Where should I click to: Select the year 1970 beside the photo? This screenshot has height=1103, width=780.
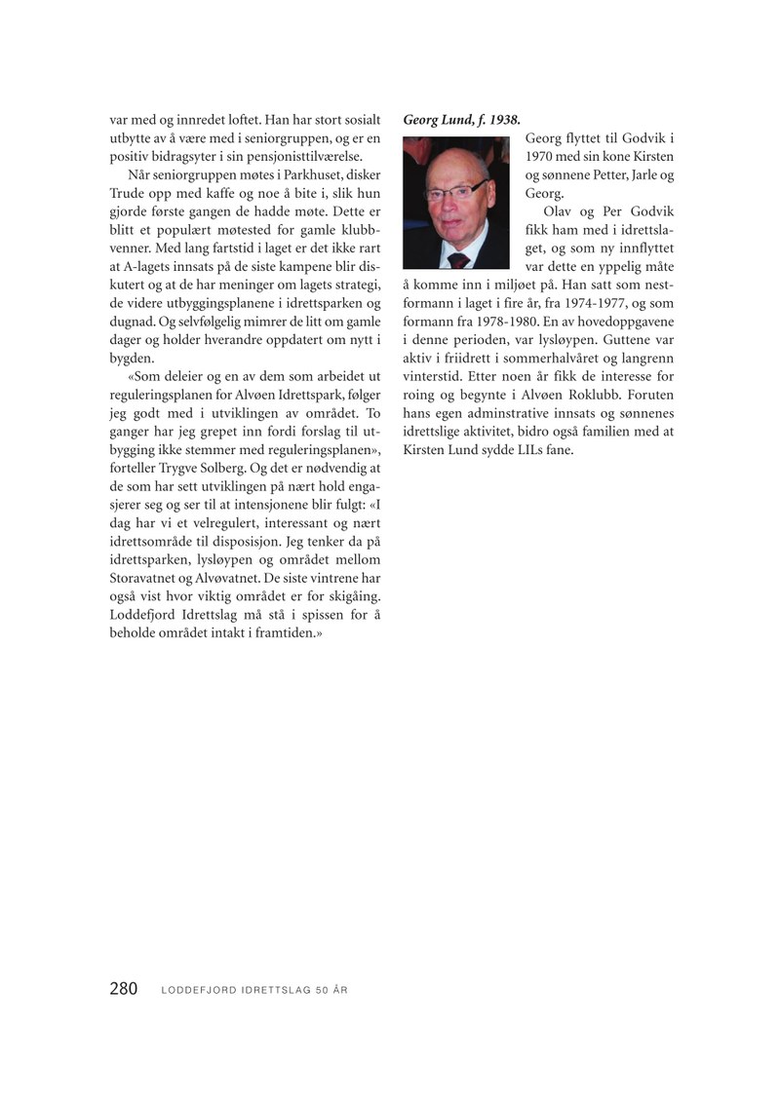click(x=540, y=156)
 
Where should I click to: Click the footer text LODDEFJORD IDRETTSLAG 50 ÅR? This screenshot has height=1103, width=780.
click(x=253, y=990)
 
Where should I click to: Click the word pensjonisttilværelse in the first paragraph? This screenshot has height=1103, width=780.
click(x=300, y=156)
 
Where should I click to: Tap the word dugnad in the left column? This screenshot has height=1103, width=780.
click(x=132, y=323)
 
